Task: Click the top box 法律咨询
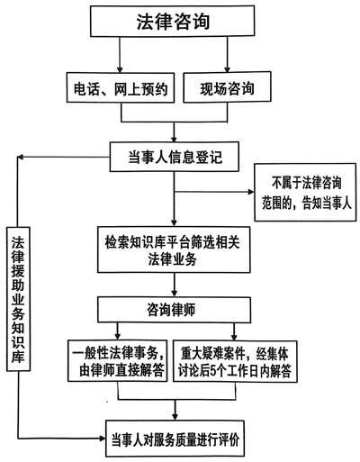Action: (x=173, y=21)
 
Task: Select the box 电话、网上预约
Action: (x=121, y=87)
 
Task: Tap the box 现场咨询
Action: (x=227, y=87)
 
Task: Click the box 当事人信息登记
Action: (x=175, y=157)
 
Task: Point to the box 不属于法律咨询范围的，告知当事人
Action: (x=305, y=193)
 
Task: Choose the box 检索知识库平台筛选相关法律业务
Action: (x=174, y=249)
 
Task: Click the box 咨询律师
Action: (x=174, y=310)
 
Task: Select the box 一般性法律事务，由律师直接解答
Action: (x=117, y=361)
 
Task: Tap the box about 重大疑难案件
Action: (x=235, y=361)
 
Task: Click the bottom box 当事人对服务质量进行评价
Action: (x=175, y=439)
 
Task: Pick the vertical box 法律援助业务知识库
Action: (x=18, y=299)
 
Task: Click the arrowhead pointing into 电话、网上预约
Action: (x=120, y=68)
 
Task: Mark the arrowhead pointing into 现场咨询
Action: (x=227, y=68)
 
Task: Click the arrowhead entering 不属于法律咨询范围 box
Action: (x=250, y=192)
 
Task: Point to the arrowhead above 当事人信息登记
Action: (x=174, y=139)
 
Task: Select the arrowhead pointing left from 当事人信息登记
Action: (x=21, y=157)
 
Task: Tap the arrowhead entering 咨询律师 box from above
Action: (x=174, y=293)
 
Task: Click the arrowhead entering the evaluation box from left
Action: (x=102, y=439)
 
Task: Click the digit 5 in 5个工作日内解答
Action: (x=212, y=371)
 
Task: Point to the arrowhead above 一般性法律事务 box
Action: (x=118, y=336)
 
